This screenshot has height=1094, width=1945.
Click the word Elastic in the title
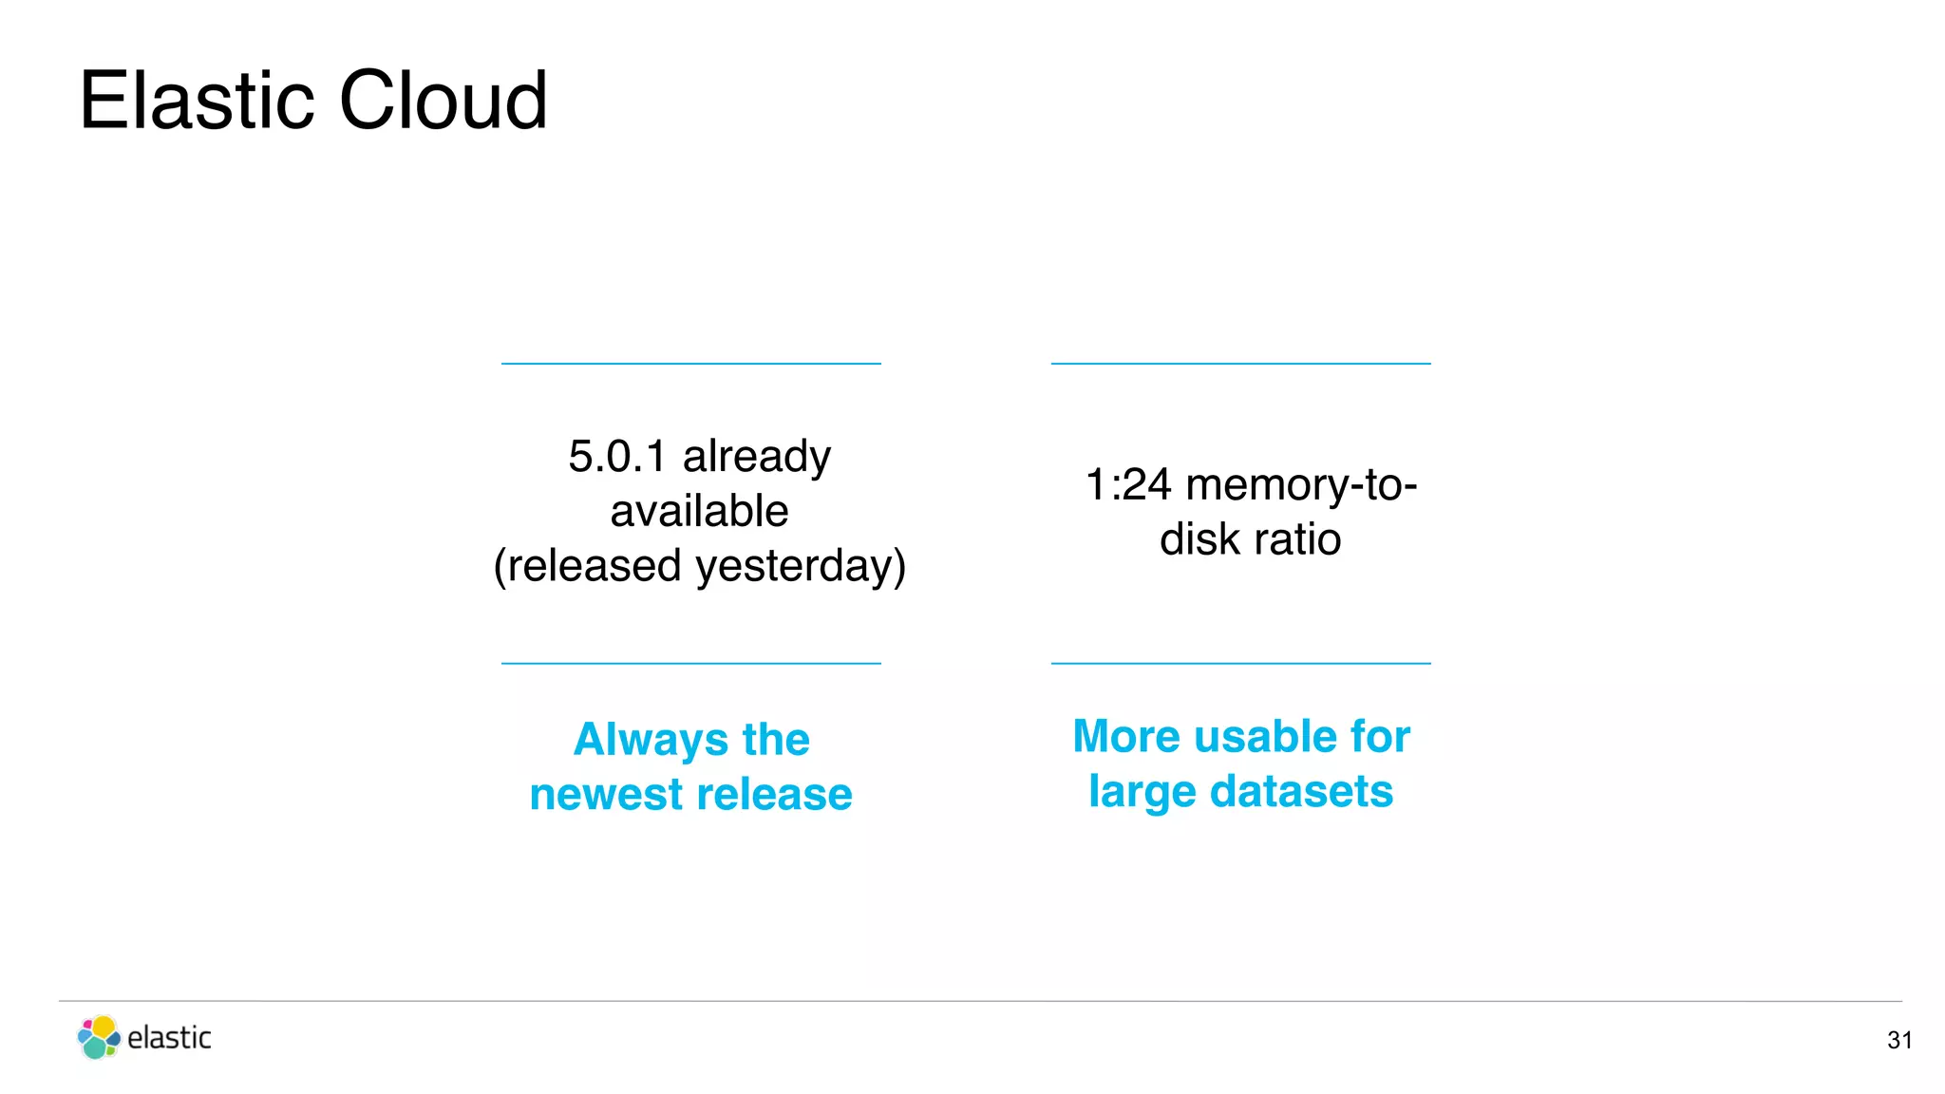197,101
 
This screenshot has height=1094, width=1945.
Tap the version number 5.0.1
617,457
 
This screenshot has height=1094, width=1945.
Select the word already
757,457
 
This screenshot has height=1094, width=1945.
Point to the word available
699,511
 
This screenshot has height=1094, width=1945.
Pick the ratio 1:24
1128,485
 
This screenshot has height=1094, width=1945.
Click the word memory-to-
1302,485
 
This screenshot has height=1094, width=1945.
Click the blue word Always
651,740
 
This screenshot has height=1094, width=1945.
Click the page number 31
1899,1041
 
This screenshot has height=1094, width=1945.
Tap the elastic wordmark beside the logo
169,1038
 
